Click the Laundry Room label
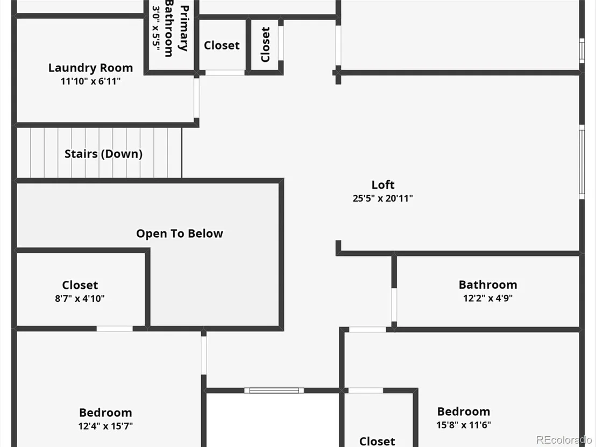coord(90,68)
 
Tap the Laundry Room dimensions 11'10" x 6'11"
coord(90,81)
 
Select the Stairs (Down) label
coord(103,153)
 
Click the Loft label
coord(383,185)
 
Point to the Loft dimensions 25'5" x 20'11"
coord(383,198)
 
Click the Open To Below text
coord(180,233)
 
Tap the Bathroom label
coord(488,285)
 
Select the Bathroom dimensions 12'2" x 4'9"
coord(488,298)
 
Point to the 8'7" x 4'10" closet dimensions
coord(80,299)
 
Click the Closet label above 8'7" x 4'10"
coord(80,285)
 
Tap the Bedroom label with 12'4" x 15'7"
coord(105,413)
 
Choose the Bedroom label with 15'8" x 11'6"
coord(463,411)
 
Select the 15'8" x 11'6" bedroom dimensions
coord(463,424)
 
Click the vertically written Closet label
coord(265,45)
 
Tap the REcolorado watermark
coord(564,440)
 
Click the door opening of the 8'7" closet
coord(115,329)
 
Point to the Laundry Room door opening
coord(196,98)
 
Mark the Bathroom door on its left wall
coord(394,305)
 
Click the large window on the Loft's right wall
coord(582,161)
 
